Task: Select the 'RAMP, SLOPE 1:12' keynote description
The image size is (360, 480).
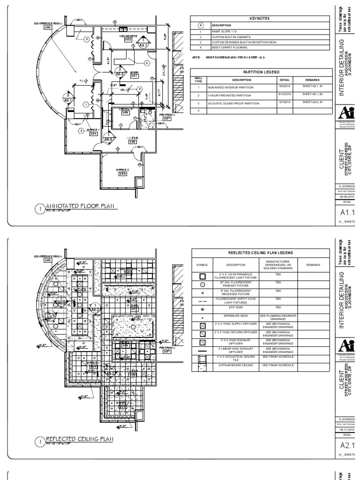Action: click(226, 31)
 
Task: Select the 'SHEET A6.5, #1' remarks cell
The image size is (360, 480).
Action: click(310, 103)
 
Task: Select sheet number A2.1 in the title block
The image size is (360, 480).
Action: click(346, 445)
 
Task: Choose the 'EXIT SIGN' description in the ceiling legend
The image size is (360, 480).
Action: click(232, 310)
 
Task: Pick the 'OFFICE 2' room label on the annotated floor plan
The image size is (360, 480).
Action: click(122, 171)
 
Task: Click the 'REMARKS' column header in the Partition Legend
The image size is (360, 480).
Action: click(310, 80)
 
